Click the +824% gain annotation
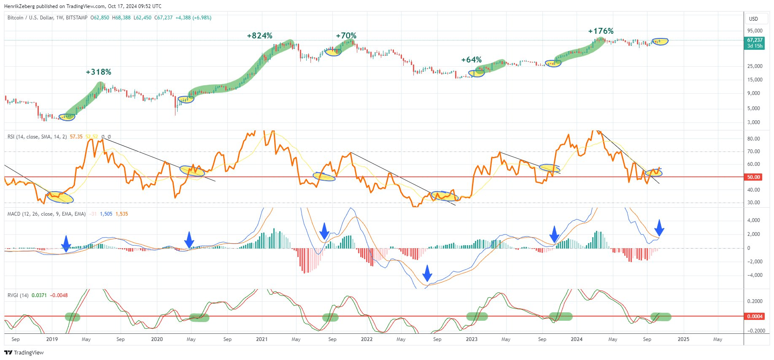259,36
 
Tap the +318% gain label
98,72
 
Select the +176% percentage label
601,31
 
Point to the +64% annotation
471,60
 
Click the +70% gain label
346,36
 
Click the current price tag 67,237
755,41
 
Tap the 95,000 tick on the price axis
755,31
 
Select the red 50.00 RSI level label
754,177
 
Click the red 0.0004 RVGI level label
754,317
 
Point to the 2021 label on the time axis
262,339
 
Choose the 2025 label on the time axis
683,339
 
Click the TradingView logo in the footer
24,353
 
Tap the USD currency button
753,19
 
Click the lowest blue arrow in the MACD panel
427,273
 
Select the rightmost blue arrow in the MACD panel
660,227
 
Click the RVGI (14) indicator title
18,295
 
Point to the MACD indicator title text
46,214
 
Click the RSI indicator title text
37,137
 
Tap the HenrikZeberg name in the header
19,6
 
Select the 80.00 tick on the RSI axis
753,139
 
